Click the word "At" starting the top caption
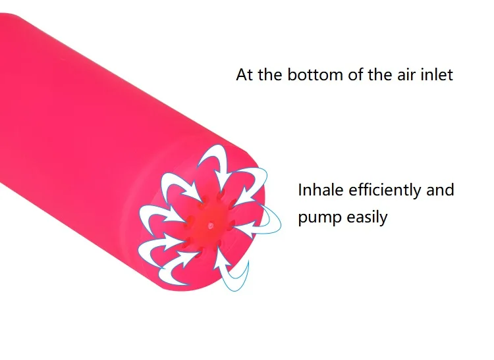click(245, 75)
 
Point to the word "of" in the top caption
click(356, 75)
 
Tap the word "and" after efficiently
click(440, 190)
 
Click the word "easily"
click(367, 218)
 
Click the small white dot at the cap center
click(211, 225)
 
